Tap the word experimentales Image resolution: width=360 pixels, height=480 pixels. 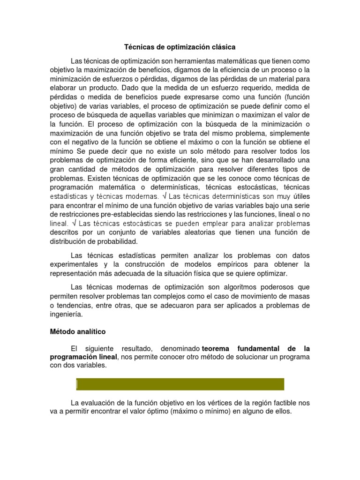73,264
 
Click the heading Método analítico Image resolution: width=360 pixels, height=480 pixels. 78,332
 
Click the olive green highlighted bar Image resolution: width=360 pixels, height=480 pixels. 180,384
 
